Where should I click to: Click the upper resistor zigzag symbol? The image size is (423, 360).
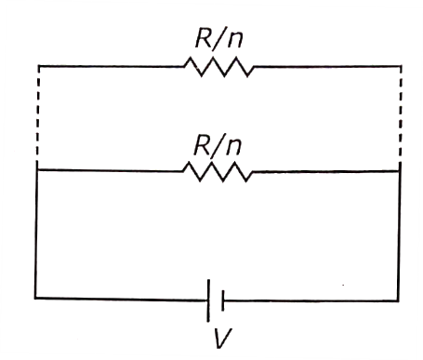(x=219, y=66)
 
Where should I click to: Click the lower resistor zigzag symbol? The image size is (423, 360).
(x=218, y=171)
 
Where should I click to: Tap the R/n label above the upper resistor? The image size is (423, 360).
(x=218, y=38)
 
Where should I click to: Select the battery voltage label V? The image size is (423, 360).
(x=223, y=338)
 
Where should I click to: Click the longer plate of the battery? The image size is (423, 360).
(x=208, y=300)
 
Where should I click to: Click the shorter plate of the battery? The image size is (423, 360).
(x=222, y=300)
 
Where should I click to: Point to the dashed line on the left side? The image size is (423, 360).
(x=37, y=113)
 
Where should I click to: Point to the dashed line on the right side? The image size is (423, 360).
(x=401, y=113)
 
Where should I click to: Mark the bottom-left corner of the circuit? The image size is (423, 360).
(x=35, y=298)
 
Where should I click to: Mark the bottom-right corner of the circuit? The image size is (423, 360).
(x=398, y=300)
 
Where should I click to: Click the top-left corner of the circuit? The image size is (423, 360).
(x=38, y=66)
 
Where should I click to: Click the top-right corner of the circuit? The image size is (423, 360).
(x=402, y=66)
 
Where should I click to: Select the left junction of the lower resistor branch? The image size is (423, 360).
(x=37, y=169)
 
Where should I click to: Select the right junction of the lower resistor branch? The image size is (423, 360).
(x=400, y=171)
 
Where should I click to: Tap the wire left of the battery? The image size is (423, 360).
(x=122, y=299)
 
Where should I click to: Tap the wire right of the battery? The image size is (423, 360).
(x=311, y=300)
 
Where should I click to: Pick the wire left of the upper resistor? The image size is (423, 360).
(x=111, y=66)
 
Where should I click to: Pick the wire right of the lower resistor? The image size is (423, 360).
(x=326, y=171)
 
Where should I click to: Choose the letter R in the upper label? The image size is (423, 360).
(x=204, y=38)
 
